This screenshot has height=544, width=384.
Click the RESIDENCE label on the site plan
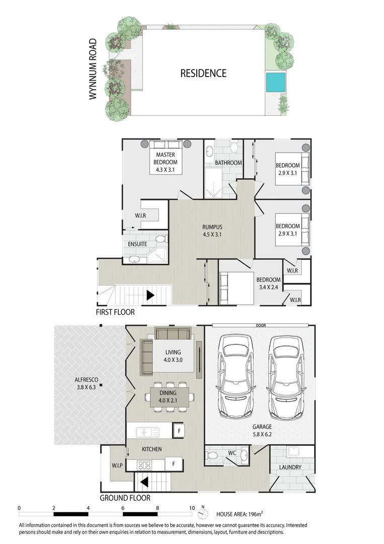(x=203, y=74)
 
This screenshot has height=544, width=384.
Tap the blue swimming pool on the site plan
(x=275, y=82)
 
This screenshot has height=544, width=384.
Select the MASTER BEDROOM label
(x=166, y=163)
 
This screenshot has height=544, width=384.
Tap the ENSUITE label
(x=137, y=244)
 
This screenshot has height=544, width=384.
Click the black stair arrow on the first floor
(x=150, y=295)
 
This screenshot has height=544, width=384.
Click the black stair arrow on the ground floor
(x=143, y=483)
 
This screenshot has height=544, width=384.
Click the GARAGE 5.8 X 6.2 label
(x=262, y=430)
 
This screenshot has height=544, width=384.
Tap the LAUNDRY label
(x=290, y=467)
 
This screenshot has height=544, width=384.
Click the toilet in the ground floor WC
(x=212, y=455)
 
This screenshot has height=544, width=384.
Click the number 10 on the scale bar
(x=191, y=508)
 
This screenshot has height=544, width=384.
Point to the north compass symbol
(x=203, y=514)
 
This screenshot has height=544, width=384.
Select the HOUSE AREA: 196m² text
(x=240, y=514)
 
